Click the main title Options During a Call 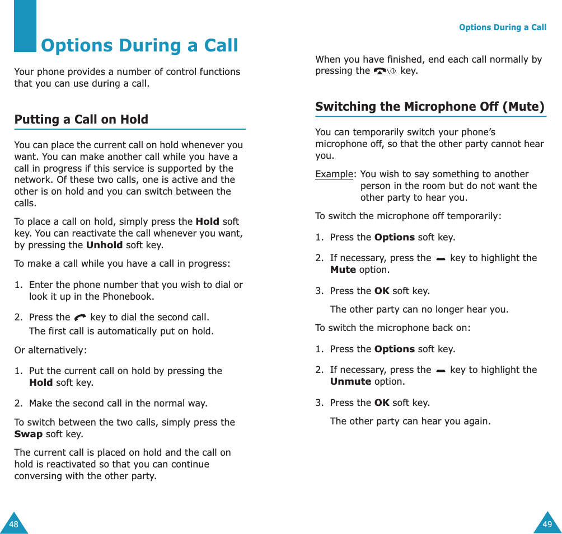tap(139, 45)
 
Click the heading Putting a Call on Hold tap(81, 119)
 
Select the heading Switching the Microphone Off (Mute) tap(429, 106)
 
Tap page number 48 tap(13, 524)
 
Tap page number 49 tap(547, 524)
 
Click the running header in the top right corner tap(502, 27)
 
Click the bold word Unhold tap(104, 245)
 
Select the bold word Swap tap(28, 434)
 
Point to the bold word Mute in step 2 tap(343, 270)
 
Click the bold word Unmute tap(350, 381)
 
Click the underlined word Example tap(334, 174)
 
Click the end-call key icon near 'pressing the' tap(385, 71)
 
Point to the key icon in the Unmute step tap(441, 370)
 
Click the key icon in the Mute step tap(441, 258)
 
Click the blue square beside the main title tap(25, 26)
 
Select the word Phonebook tap(129, 296)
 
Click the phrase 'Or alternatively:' tap(50, 351)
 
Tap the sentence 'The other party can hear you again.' tap(410, 421)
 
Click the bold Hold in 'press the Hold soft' tap(207, 221)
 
